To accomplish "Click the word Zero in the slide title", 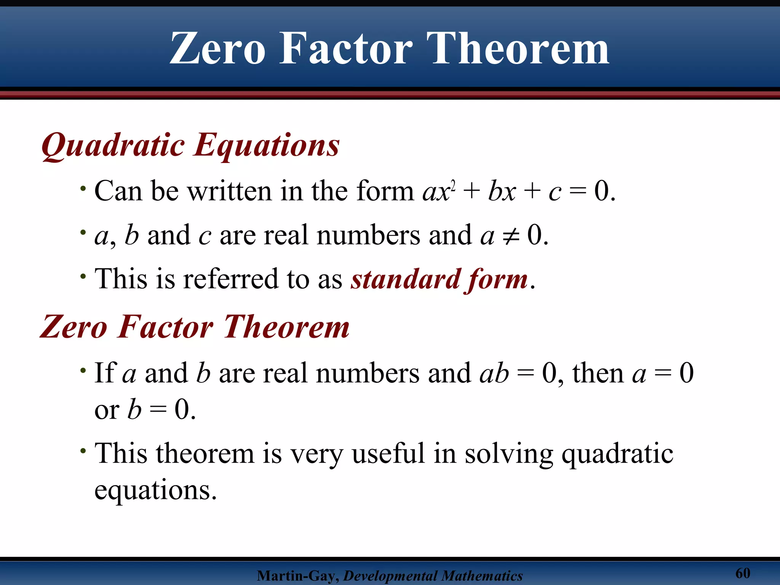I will point(217,49).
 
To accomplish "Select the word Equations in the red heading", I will point(267,146).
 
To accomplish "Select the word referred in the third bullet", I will point(230,279).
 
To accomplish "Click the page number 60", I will point(742,573).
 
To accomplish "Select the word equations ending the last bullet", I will point(155,491).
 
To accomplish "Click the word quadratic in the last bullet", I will point(617,454).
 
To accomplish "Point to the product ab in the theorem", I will point(494,373).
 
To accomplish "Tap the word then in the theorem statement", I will point(598,373).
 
